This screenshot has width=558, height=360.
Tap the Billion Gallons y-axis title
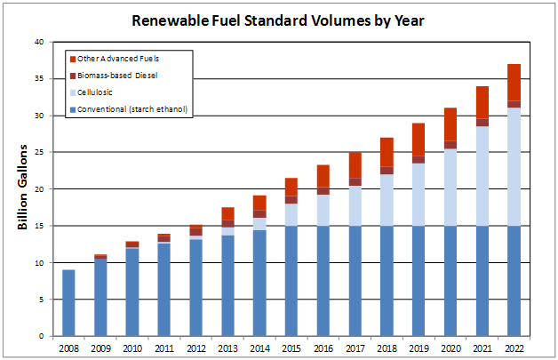[23, 187]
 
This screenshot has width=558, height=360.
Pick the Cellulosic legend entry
[98, 92]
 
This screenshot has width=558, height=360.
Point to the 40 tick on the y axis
[37, 42]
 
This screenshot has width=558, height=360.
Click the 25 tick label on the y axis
[37, 152]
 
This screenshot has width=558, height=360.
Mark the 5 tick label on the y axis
[40, 300]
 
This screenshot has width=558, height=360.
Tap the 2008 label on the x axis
[68, 348]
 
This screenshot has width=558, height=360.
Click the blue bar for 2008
[68, 303]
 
